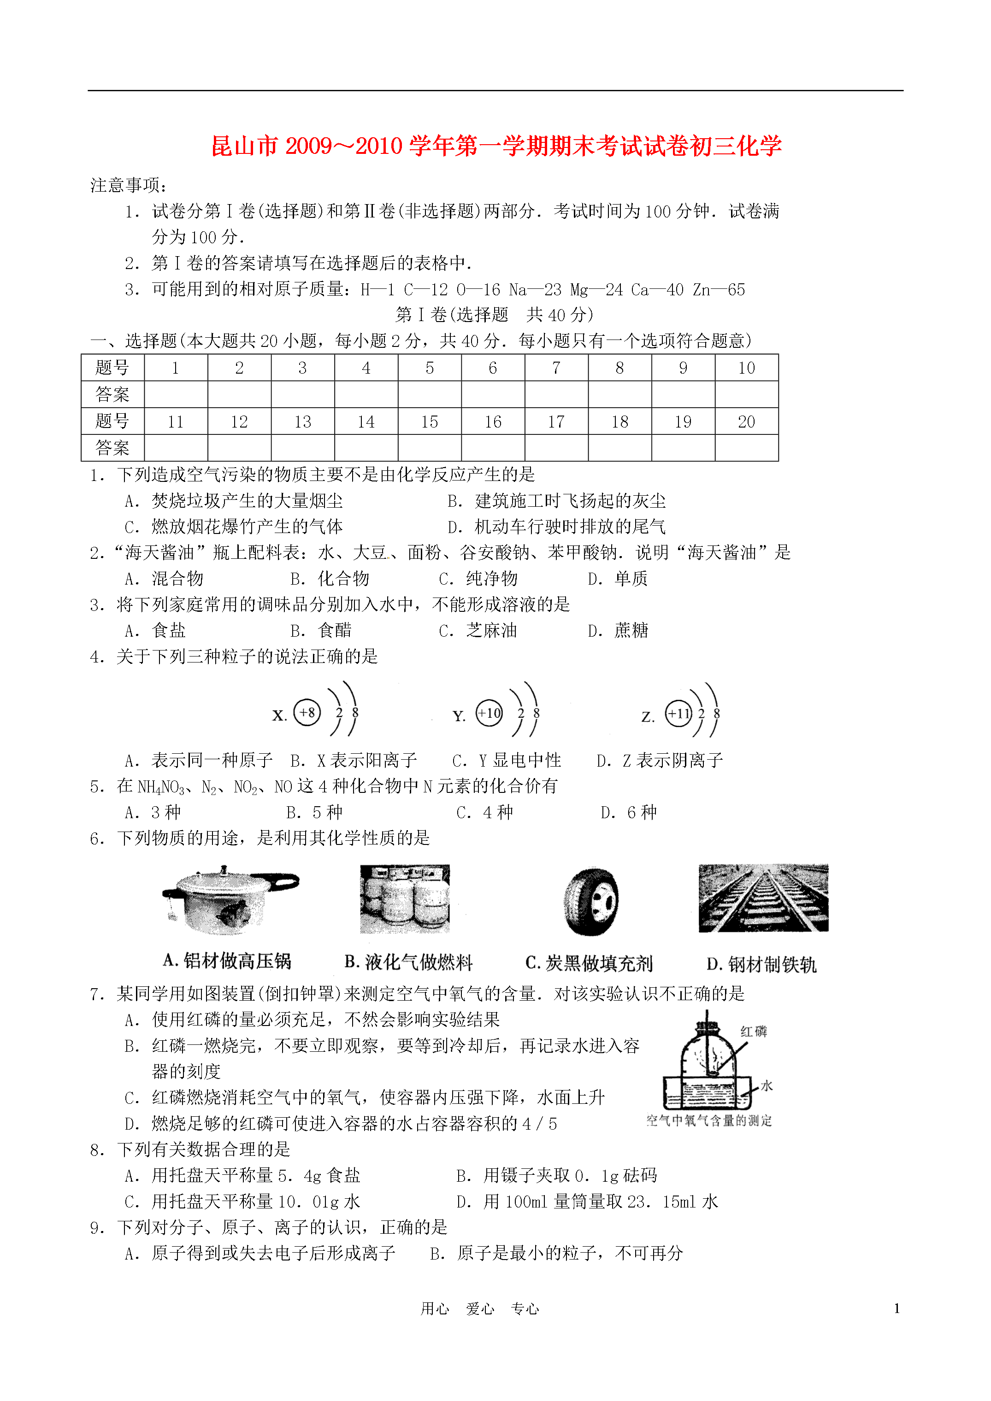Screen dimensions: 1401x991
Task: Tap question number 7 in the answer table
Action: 555,368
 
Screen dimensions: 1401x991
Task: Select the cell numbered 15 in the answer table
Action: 429,422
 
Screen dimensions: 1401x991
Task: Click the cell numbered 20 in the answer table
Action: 746,422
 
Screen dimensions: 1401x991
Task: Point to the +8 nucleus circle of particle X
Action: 307,712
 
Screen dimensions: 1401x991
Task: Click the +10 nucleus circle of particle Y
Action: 489,713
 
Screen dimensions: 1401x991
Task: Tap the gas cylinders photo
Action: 405,899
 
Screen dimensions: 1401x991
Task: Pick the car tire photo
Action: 591,901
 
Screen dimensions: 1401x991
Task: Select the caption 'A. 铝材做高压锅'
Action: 227,961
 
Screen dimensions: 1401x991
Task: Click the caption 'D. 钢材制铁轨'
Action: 761,964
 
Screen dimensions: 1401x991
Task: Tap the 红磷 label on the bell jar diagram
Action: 754,1031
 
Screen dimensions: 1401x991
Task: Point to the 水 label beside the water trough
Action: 767,1085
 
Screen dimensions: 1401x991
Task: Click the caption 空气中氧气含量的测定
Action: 709,1120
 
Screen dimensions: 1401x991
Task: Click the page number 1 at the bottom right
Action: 897,1307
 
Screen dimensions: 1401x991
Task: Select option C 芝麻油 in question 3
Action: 478,630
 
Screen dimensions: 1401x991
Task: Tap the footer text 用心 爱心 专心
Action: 480,1308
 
